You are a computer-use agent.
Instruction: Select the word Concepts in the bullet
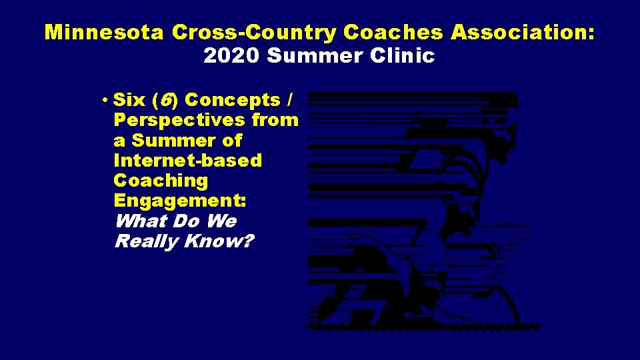pos(232,100)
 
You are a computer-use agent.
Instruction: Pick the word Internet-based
pos(188,161)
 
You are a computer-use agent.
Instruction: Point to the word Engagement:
pos(180,201)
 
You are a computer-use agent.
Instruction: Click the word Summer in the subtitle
pos(318,56)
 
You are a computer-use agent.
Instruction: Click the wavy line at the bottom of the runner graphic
pos(424,327)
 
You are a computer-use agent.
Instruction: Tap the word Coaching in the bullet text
pos(161,181)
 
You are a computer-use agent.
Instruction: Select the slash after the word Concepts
pos(288,100)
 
